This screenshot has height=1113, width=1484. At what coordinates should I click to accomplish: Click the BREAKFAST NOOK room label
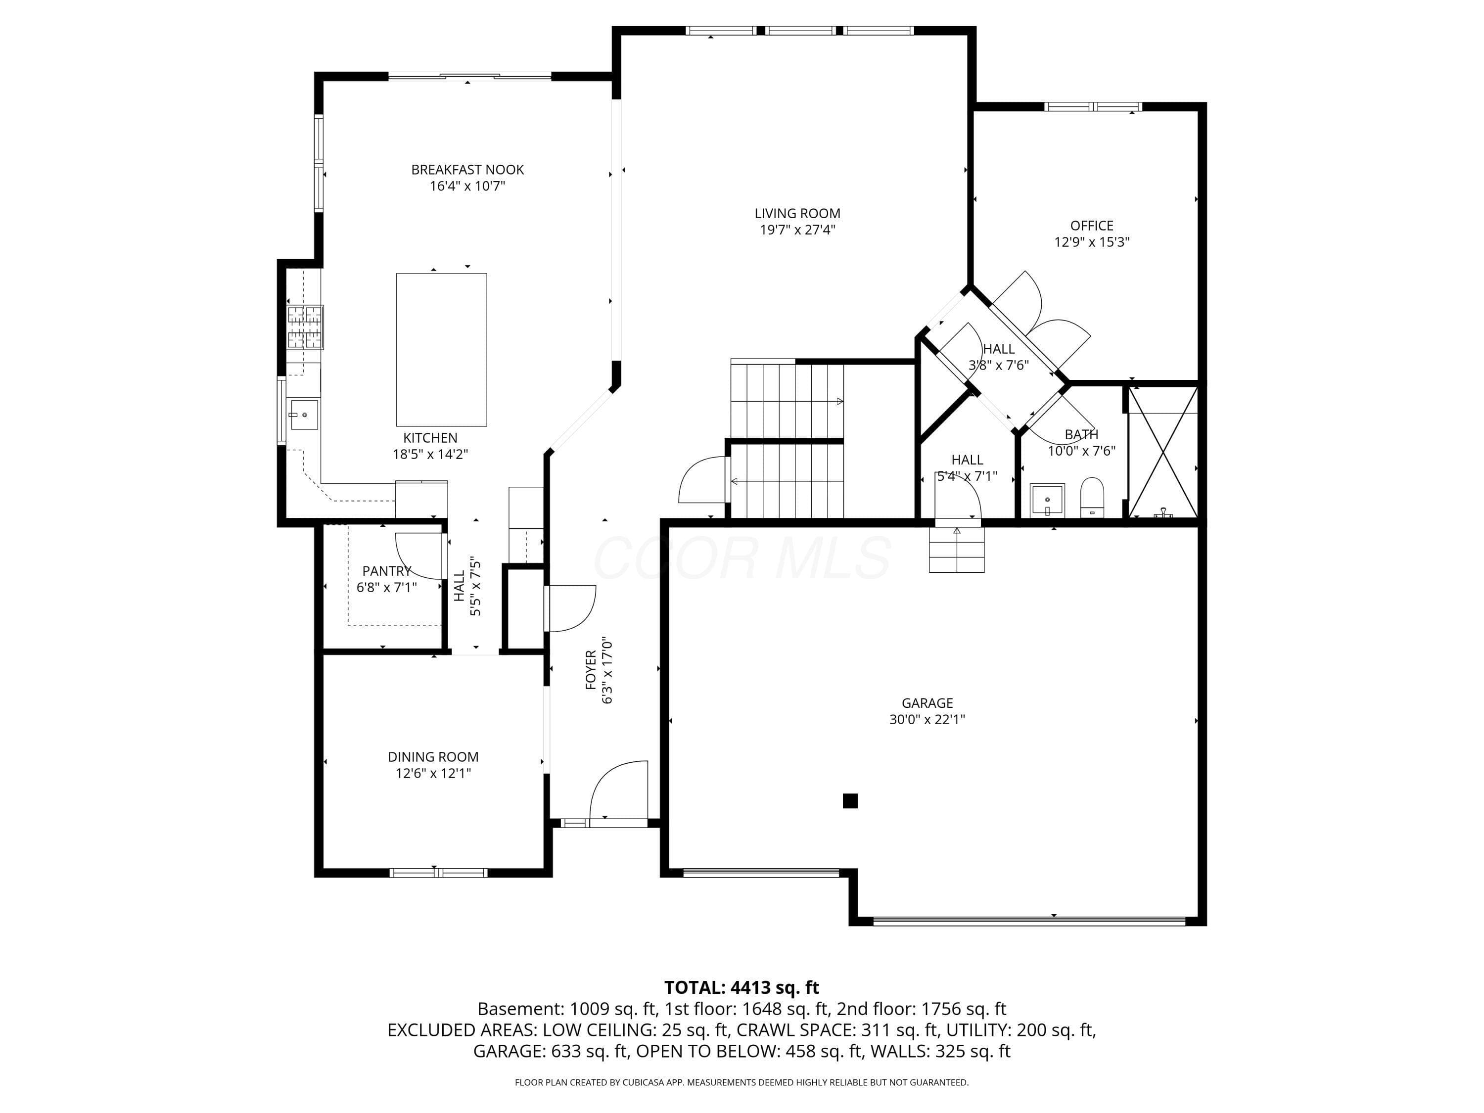(467, 170)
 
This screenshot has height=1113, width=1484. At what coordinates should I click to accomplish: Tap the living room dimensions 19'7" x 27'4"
(797, 230)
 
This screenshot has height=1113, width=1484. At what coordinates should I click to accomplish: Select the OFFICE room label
(1092, 226)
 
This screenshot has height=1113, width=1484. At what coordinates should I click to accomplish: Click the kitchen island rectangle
(441, 350)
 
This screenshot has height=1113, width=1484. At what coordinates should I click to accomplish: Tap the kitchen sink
(304, 415)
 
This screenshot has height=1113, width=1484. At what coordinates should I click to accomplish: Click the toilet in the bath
(1093, 497)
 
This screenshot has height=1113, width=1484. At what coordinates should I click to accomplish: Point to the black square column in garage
(850, 800)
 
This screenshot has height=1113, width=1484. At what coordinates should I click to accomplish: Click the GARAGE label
(927, 703)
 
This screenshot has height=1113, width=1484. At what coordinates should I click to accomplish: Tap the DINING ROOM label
(433, 757)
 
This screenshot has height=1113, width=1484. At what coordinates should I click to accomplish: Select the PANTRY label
(386, 571)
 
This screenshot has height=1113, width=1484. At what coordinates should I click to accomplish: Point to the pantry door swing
(419, 556)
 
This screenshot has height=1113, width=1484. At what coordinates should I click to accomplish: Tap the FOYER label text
(590, 670)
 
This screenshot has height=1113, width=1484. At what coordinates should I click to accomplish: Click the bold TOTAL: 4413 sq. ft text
(742, 987)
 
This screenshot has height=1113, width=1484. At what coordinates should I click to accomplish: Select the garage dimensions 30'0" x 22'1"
(927, 720)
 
